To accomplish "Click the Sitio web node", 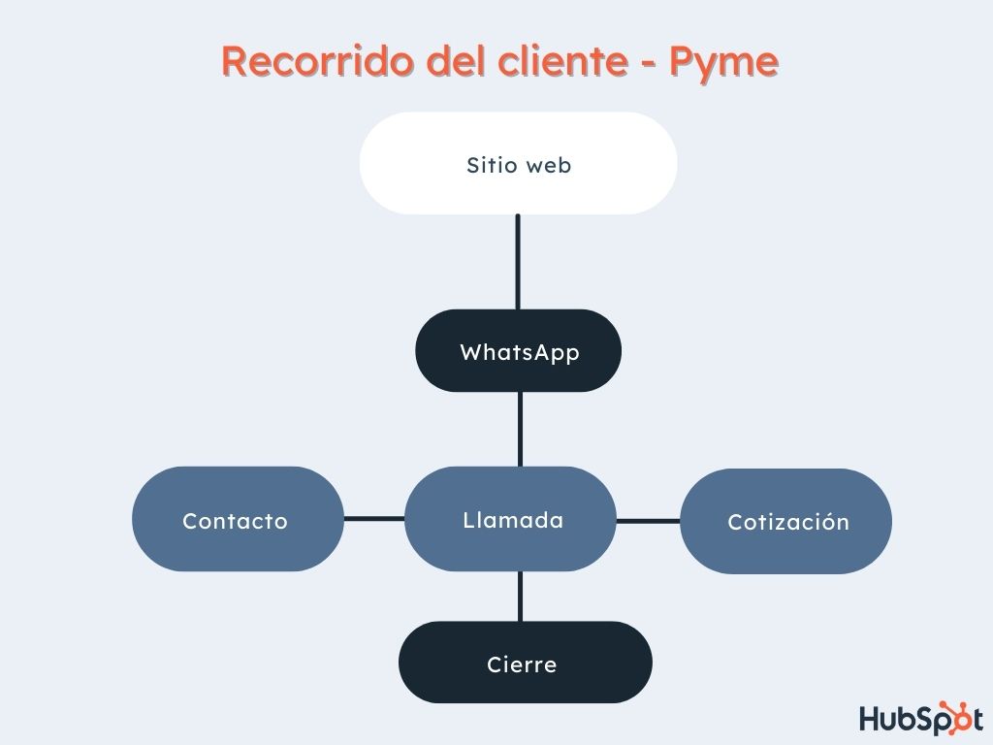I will (x=518, y=163).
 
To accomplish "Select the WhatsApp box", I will (x=518, y=351).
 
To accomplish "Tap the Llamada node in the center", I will (x=511, y=520).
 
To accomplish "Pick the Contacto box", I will (x=237, y=520).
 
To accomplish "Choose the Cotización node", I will (x=785, y=522).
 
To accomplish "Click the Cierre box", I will (x=524, y=664).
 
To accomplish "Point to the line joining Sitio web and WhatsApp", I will (x=518, y=262).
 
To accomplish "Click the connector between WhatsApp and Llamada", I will (x=520, y=429).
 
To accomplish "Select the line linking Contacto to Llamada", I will (x=373, y=519).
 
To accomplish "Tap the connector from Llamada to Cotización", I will (x=648, y=521).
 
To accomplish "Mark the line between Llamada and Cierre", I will (x=521, y=596).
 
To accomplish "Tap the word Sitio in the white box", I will (x=490, y=165).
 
